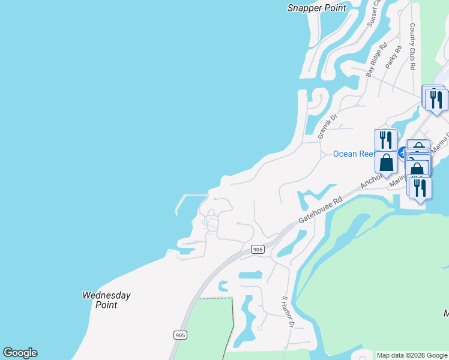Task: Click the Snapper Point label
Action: click(317, 8)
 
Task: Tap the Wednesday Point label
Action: click(106, 300)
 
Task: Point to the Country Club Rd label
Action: click(412, 47)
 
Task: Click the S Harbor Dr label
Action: click(288, 312)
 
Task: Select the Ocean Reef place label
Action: click(354, 154)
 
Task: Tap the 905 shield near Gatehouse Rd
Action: click(258, 249)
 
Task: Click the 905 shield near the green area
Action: click(179, 335)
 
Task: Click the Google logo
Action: click(20, 353)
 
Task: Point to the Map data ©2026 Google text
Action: click(412, 355)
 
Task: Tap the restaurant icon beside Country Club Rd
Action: click(437, 99)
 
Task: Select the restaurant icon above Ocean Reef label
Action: click(386, 140)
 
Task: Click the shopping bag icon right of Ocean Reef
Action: click(387, 161)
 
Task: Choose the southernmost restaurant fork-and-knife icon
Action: click(420, 187)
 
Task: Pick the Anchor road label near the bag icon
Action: click(370, 181)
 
